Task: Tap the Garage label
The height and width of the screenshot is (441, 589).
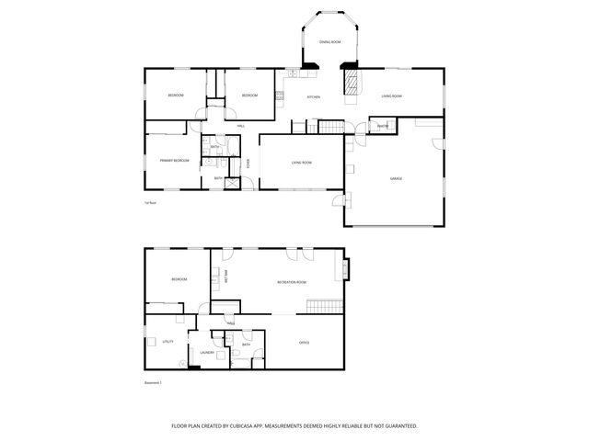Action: [x=397, y=178]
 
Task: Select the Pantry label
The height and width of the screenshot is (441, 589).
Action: [x=382, y=126]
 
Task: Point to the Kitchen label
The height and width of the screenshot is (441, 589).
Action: [x=313, y=97]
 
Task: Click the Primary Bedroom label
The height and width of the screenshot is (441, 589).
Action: [x=174, y=161]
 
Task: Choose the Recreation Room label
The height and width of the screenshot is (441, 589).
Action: [x=291, y=282]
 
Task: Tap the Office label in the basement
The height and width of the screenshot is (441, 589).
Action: [x=304, y=343]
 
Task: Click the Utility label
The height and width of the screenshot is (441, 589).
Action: [x=167, y=342]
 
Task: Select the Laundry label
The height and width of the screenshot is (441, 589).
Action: [x=207, y=353]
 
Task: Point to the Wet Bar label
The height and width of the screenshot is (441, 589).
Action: [x=226, y=275]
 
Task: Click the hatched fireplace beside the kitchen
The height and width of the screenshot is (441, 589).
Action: [x=350, y=85]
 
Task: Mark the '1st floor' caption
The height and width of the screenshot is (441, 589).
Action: [x=149, y=203]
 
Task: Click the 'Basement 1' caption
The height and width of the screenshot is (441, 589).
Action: [x=153, y=382]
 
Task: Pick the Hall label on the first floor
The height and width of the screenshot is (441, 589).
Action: [x=241, y=126]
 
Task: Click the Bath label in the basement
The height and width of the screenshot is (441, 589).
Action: [x=246, y=345]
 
